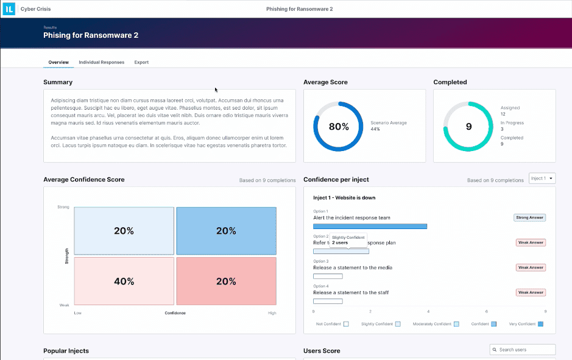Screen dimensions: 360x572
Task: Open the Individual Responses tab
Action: point(101,62)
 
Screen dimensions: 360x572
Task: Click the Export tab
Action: point(141,62)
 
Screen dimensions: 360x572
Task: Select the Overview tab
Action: point(58,62)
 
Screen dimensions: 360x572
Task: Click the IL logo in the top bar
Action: point(9,9)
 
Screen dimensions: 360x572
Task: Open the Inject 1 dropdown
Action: point(542,178)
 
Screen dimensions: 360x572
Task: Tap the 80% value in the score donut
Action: point(339,127)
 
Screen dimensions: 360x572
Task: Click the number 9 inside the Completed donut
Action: point(468,127)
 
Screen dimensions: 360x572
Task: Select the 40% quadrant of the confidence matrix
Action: point(124,281)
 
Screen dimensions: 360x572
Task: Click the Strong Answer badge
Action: point(530,217)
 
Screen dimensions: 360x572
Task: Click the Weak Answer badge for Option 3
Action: point(531,267)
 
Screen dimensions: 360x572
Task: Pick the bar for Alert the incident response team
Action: point(370,226)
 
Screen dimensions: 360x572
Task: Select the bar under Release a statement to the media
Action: point(328,276)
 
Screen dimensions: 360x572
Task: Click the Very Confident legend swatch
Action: point(540,324)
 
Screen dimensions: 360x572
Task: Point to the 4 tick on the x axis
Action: point(428,311)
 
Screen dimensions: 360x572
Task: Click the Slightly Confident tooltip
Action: point(348,240)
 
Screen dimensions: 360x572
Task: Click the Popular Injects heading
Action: point(66,351)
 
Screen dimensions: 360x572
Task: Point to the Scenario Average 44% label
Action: point(388,126)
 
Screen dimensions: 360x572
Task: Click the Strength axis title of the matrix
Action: point(66,255)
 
